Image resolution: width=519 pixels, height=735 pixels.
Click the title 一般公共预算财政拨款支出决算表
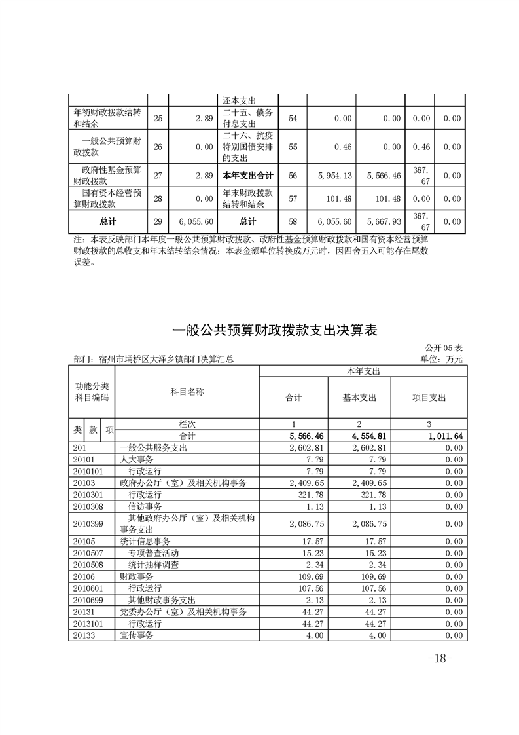(x=275, y=330)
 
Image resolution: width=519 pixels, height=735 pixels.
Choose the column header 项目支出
(x=429, y=397)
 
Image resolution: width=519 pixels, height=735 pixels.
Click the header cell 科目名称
(x=187, y=391)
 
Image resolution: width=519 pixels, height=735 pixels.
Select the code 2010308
(x=89, y=506)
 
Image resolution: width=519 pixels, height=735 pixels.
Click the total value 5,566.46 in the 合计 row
(x=304, y=436)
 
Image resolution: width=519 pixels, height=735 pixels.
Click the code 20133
(x=84, y=635)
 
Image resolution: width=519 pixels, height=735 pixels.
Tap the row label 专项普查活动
(x=154, y=553)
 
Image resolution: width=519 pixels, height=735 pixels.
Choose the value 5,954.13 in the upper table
(x=335, y=176)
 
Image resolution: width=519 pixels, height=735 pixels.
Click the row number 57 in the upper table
(x=293, y=200)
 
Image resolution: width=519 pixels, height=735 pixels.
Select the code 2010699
(x=89, y=600)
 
